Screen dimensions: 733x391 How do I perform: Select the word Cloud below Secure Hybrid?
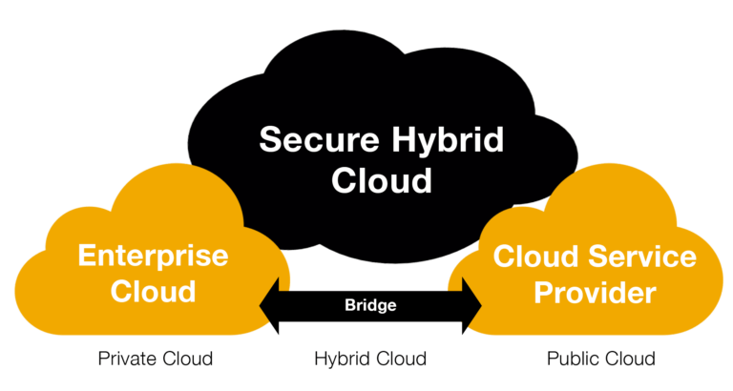[x=382, y=180]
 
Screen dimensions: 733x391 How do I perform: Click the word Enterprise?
[x=153, y=257]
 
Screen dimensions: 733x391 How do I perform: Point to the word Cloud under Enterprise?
[x=153, y=291]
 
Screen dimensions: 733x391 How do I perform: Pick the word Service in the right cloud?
[x=641, y=257]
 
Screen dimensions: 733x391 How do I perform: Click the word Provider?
[x=595, y=293]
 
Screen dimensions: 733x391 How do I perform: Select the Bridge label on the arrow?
[x=370, y=305]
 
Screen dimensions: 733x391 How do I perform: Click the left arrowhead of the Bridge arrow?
[x=269, y=306]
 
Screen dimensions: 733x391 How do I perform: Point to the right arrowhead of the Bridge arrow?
[x=471, y=306]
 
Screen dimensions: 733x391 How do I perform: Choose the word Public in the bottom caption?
[x=571, y=359]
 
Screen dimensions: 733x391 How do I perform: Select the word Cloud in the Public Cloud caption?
[x=627, y=359]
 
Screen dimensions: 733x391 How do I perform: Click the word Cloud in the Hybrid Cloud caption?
[x=397, y=359]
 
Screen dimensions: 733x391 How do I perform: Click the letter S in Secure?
[x=269, y=139]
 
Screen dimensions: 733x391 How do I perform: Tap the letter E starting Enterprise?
[x=87, y=255]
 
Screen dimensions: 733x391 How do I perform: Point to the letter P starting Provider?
[x=544, y=293]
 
